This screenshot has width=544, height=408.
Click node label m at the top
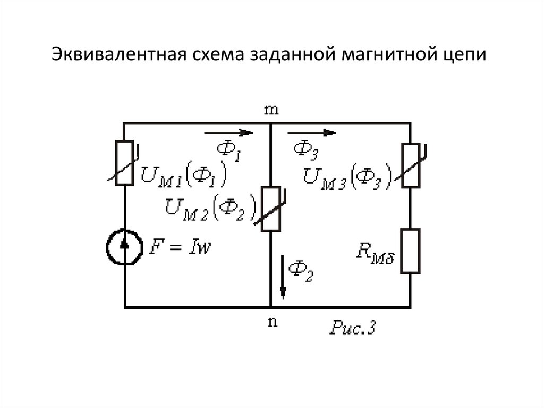click(272, 110)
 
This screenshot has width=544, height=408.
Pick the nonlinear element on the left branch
click(125, 162)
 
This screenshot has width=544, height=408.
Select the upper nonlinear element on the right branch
click(410, 165)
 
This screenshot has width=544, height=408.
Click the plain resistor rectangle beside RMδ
click(410, 251)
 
